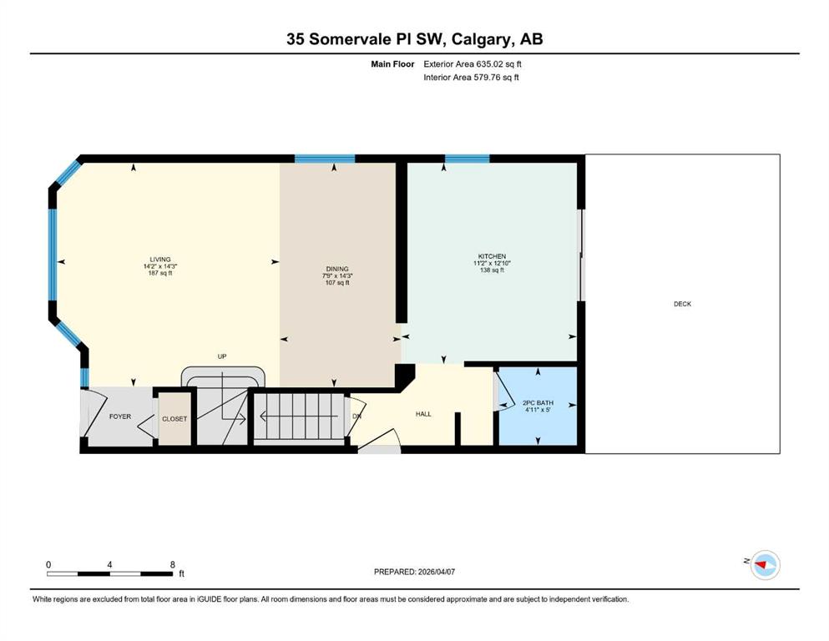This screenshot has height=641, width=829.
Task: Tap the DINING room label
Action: tap(336, 269)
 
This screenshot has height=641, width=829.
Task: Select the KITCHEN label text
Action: tap(492, 256)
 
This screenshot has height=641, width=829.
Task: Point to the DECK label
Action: tap(682, 305)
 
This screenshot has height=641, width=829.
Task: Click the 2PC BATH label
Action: tap(538, 403)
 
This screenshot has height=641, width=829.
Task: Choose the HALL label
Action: tap(423, 414)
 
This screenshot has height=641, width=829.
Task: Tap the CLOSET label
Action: tap(174, 419)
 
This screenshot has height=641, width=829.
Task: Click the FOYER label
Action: tap(119, 416)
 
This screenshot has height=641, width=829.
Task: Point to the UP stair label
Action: tap(222, 356)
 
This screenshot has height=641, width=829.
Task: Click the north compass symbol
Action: tap(764, 565)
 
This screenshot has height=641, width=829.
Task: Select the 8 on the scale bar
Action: tap(172, 565)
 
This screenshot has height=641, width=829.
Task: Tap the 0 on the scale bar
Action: tap(48, 565)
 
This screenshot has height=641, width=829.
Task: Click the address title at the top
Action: tap(414, 39)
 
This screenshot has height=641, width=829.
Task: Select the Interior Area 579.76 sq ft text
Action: tap(472, 78)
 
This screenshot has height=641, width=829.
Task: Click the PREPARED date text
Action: tap(414, 572)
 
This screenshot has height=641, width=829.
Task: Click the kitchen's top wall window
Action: tap(467, 159)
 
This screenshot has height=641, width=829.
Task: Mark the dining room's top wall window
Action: tap(325, 159)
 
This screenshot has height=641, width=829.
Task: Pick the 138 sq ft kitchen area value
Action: tap(492, 270)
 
